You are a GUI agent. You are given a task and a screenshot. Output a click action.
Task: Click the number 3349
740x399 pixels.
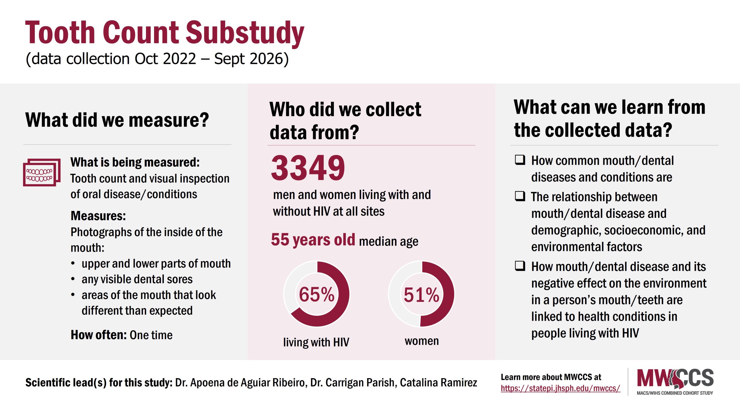point(308,168)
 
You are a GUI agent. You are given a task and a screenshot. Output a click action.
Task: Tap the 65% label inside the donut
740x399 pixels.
point(317,295)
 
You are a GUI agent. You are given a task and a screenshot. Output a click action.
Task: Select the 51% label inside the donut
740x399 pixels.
point(421,295)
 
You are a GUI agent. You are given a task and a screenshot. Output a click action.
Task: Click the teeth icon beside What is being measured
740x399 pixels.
point(42,172)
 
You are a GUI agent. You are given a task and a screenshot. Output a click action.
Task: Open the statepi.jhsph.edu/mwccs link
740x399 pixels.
point(560,388)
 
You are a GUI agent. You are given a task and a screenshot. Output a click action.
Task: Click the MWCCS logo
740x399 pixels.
point(675,381)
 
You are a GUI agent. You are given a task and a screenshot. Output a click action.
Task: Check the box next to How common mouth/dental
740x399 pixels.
point(520,160)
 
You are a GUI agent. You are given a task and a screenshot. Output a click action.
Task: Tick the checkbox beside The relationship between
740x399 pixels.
point(520,196)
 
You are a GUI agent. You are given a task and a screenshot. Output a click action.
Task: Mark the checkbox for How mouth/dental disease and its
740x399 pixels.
point(520,266)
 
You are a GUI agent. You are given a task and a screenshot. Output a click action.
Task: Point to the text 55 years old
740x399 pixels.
point(313,240)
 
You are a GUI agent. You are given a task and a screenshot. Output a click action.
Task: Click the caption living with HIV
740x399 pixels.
point(316,342)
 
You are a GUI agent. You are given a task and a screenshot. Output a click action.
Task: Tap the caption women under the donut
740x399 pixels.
point(421,341)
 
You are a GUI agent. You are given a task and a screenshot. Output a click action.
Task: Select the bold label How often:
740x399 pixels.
point(99,335)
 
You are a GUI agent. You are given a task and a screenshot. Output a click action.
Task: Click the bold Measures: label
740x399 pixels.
point(98,216)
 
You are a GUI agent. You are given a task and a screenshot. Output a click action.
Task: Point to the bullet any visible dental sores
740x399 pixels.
point(137,279)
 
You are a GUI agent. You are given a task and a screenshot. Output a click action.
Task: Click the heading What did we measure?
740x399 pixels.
point(117,120)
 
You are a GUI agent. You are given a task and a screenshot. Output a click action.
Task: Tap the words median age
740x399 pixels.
point(388,241)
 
